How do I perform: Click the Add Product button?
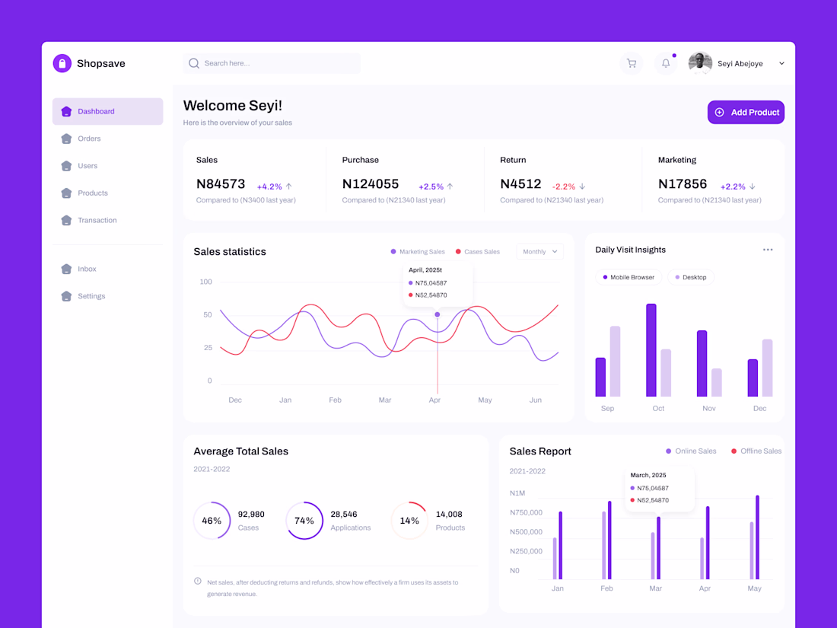coord(746,112)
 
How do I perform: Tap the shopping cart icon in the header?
coord(631,63)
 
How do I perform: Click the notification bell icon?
coord(666,63)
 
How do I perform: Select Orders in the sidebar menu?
coord(88,139)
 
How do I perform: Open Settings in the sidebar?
coord(91,296)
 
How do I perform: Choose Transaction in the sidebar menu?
coord(97,220)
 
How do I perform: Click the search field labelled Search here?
coord(272,63)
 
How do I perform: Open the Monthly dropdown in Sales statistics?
coord(539,251)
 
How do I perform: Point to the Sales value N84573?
coord(221,183)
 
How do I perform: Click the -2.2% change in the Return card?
coord(564,186)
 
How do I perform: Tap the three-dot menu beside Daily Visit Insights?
coord(768,250)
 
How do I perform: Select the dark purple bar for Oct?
coord(651,350)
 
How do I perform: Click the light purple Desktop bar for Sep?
coord(615,362)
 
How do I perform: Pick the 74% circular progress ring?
coord(304,521)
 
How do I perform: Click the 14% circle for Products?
coord(409,521)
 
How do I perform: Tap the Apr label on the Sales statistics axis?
coord(434,400)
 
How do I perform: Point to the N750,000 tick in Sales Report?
coord(526,512)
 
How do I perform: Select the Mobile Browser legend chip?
coord(629,277)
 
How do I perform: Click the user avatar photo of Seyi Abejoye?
coord(700,63)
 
